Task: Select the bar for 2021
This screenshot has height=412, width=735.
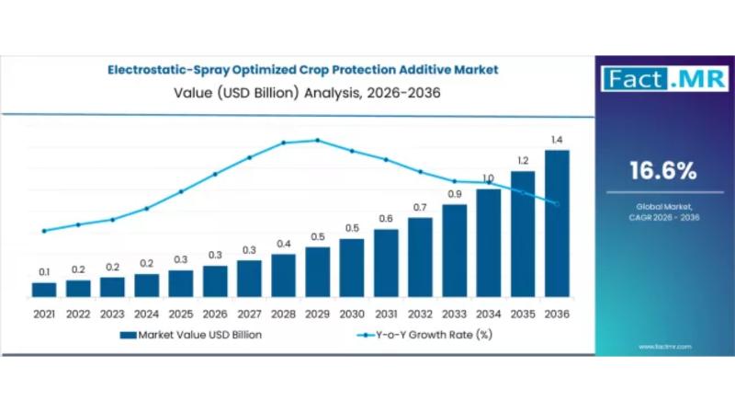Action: [44, 290]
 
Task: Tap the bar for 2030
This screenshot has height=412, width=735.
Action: [352, 268]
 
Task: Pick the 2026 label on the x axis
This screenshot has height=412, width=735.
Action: [215, 314]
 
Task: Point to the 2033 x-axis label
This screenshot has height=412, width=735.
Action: [454, 314]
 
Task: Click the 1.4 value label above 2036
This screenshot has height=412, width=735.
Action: [557, 140]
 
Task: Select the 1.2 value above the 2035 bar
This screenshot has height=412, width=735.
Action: [523, 160]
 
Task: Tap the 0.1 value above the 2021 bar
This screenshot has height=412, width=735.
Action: [44, 271]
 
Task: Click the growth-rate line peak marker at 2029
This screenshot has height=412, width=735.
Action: [318, 140]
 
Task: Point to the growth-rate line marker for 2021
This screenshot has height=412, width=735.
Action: [44, 231]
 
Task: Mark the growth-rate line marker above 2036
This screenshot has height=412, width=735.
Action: [557, 204]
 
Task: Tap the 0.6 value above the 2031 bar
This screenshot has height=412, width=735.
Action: [386, 219]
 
